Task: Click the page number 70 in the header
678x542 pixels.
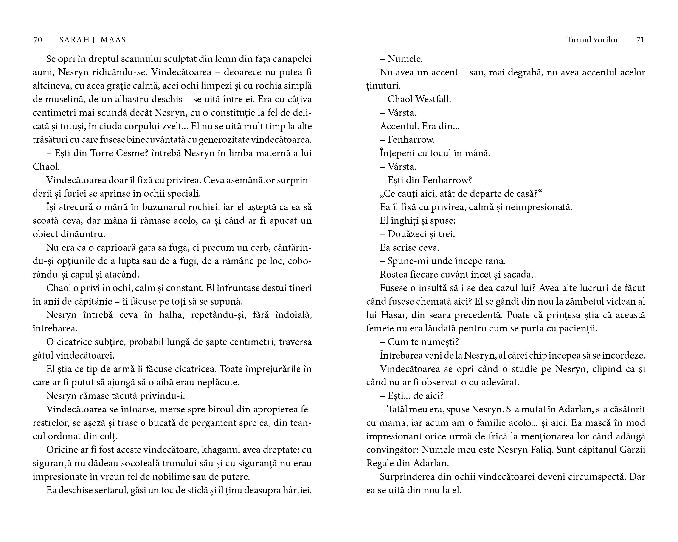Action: pyautogui.click(x=38, y=40)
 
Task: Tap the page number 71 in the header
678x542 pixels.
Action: pyautogui.click(x=640, y=40)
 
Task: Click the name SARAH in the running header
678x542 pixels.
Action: pyautogui.click(x=72, y=40)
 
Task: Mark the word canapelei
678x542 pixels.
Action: pyautogui.click(x=292, y=59)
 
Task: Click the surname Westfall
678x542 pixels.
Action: pyautogui.click(x=433, y=99)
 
